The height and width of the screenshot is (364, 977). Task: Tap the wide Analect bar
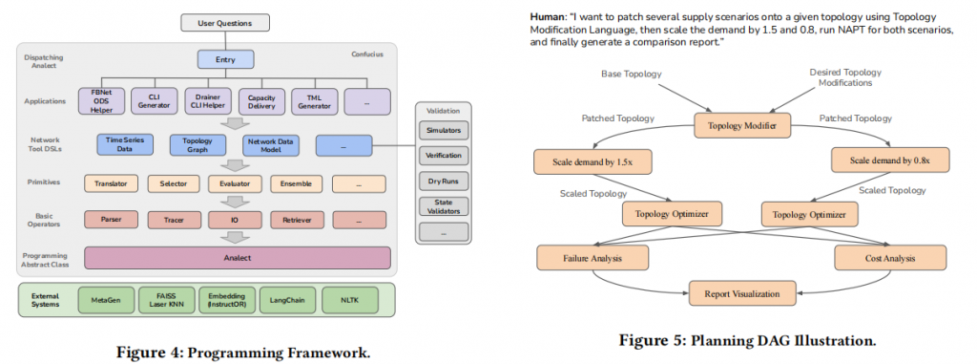[x=238, y=257]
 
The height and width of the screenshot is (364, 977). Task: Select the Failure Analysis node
[x=592, y=257]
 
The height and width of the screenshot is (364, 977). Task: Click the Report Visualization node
[x=740, y=292]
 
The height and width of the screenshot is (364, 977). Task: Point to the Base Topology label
[x=631, y=74]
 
